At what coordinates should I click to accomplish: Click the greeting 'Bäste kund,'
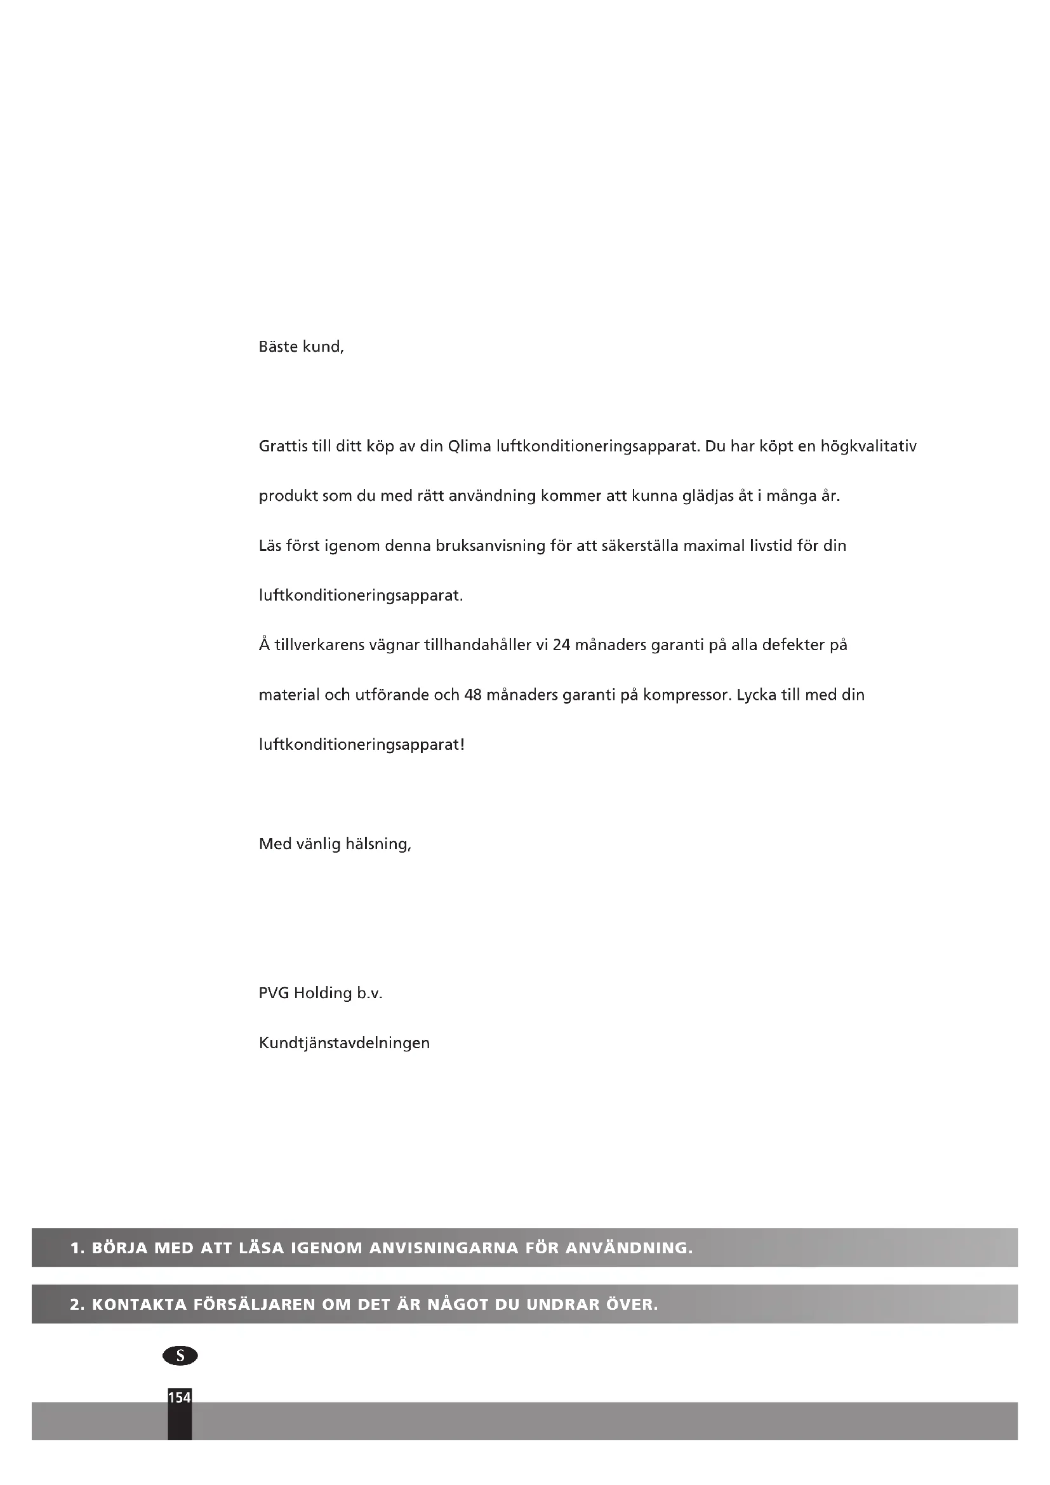click(x=302, y=347)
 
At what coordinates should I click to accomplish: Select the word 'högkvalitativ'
click(x=868, y=446)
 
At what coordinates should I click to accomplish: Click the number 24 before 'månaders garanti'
click(x=561, y=645)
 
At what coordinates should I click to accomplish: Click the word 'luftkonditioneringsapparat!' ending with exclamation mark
click(x=361, y=745)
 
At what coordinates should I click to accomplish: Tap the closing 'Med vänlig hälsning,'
click(x=335, y=844)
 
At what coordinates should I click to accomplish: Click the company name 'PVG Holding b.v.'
click(x=321, y=993)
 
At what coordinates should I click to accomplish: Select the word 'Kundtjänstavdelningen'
click(x=344, y=1042)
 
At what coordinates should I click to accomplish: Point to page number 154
click(x=180, y=1397)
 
